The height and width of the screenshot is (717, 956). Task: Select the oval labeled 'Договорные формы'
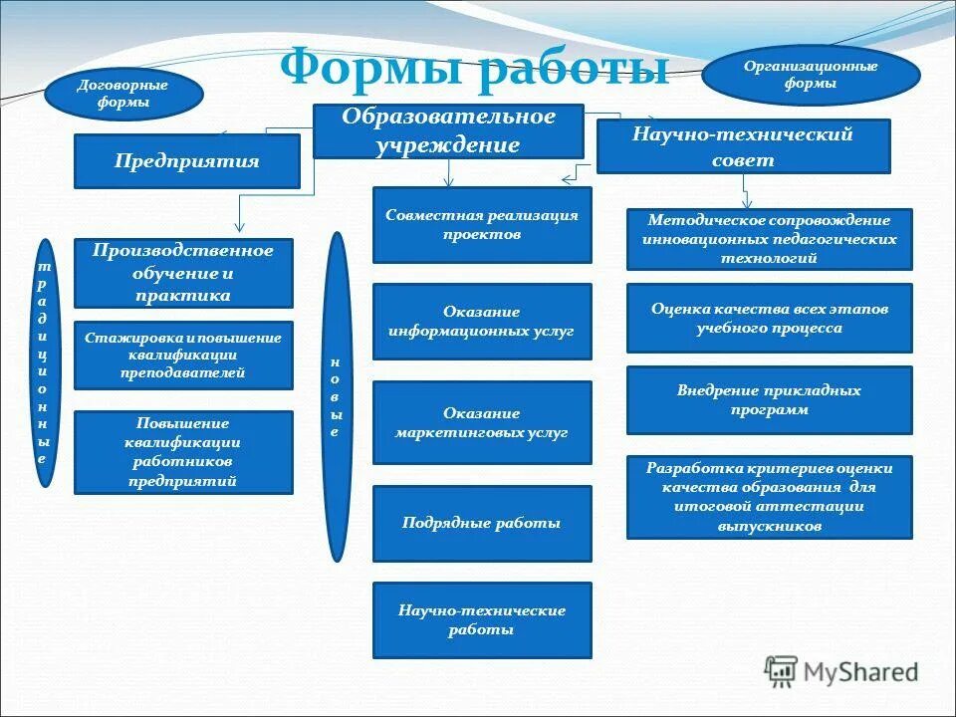pos(122,94)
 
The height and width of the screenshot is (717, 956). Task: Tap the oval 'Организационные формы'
pos(811,75)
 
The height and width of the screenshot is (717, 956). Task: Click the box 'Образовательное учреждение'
pos(448,130)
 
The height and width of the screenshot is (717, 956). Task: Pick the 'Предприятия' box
pos(186,161)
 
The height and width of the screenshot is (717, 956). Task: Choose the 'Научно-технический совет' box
pos(743,146)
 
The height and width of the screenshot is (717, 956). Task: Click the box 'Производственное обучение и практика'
pos(183,273)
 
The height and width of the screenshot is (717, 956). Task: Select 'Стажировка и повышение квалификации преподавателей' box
pos(183,356)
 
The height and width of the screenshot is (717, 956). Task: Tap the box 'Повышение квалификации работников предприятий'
pos(183,452)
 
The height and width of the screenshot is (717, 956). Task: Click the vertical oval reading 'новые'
pos(338,396)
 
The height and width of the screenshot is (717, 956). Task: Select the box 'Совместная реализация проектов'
pos(482,225)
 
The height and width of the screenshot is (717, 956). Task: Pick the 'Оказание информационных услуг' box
pos(482,322)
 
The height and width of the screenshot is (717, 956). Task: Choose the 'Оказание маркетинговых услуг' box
pos(482,422)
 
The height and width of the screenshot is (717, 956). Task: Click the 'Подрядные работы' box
pos(482,523)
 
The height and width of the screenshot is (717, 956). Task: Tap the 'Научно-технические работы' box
pos(482,620)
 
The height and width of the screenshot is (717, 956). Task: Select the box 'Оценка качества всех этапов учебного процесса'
pos(769,318)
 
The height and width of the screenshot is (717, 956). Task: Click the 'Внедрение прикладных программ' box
pos(769,400)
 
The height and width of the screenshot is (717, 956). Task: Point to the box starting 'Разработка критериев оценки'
pos(769,497)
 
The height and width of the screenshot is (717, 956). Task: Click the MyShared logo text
pos(858,671)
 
